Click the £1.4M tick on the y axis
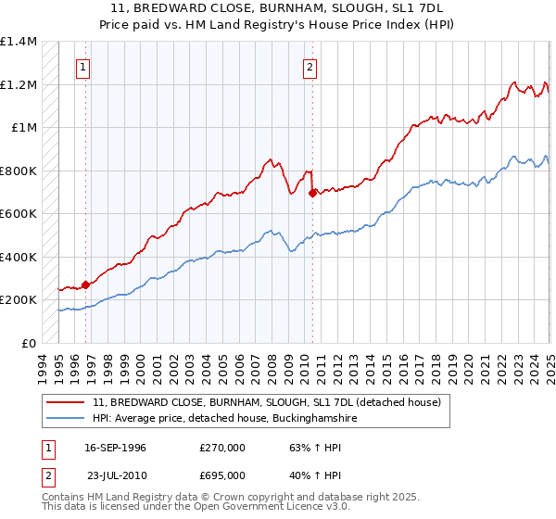pos(19,42)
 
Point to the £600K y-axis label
pos(19,214)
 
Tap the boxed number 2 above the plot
pos(310,67)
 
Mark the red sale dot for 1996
pos(85,285)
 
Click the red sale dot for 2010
pos(312,194)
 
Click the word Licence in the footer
pos(232,509)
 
